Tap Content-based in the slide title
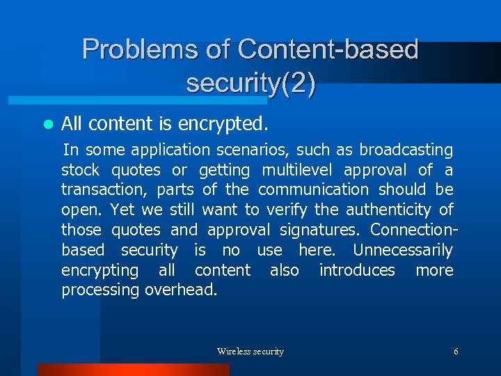[328, 49]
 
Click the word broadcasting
[406, 150]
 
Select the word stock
[81, 170]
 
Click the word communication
[313, 189]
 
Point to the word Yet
[122, 210]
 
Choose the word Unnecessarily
[402, 250]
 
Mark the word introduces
[357, 270]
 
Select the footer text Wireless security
[250, 352]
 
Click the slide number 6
[456, 352]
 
